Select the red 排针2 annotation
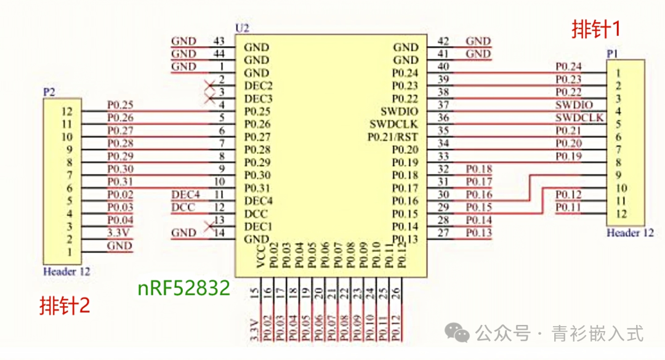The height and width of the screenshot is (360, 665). click(65, 305)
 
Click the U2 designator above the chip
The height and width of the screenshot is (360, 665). click(242, 29)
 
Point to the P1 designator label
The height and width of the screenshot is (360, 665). click(612, 54)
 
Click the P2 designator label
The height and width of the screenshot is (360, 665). click(49, 92)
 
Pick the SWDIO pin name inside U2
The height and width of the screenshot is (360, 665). click(399, 111)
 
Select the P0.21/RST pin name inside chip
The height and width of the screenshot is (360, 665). click(393, 137)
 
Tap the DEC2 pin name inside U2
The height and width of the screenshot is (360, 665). click(258, 86)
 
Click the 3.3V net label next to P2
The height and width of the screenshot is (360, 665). click(119, 233)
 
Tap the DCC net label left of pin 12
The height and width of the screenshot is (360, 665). click(183, 207)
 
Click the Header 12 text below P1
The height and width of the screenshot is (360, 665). click(630, 233)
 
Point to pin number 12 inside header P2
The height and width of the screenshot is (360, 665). click(67, 111)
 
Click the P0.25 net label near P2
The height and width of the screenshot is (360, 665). click(119, 105)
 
